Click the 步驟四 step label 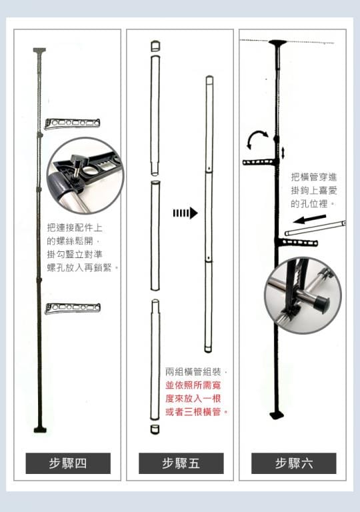(x=68, y=463)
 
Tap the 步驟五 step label (x=181, y=463)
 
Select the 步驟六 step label (x=294, y=463)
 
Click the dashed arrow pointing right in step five (x=185, y=213)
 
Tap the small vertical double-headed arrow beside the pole (x=283, y=153)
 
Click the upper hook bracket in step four (x=72, y=124)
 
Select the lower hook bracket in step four (x=73, y=308)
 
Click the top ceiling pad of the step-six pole (x=278, y=43)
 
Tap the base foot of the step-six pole (x=277, y=415)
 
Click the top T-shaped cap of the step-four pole (x=39, y=51)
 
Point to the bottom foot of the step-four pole (x=40, y=430)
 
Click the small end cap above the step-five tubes (x=155, y=46)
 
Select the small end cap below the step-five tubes (x=155, y=429)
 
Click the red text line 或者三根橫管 (x=197, y=412)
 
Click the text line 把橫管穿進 (x=314, y=177)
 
